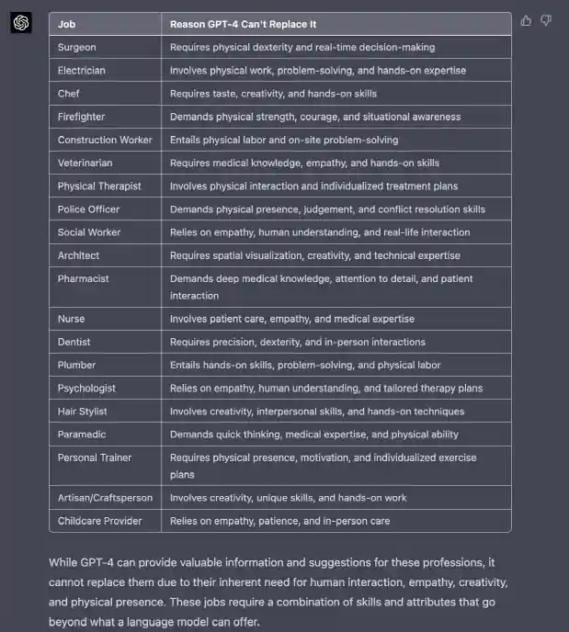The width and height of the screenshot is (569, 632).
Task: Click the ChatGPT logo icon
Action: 20,23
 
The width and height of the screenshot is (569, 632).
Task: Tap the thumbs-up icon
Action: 527,20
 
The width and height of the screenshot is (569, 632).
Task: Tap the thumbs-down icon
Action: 546,20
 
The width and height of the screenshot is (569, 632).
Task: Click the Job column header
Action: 66,24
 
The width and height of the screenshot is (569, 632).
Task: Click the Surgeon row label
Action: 76,47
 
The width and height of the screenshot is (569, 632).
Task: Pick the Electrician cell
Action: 81,70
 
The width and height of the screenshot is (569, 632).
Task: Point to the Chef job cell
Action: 69,93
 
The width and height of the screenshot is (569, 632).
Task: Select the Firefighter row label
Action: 81,117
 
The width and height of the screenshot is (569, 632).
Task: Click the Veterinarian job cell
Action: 85,163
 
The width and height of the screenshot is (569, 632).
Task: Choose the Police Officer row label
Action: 88,209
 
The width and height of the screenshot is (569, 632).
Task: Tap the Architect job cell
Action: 78,255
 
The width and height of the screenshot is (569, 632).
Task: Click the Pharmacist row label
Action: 83,278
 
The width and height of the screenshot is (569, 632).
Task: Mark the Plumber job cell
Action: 76,365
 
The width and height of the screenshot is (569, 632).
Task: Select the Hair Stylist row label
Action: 83,411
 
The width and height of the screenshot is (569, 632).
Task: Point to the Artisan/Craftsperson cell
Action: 105,498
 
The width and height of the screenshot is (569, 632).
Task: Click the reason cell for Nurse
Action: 291,319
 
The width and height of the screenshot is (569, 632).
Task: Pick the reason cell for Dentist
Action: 297,342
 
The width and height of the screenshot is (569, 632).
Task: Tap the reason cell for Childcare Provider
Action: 279,521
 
